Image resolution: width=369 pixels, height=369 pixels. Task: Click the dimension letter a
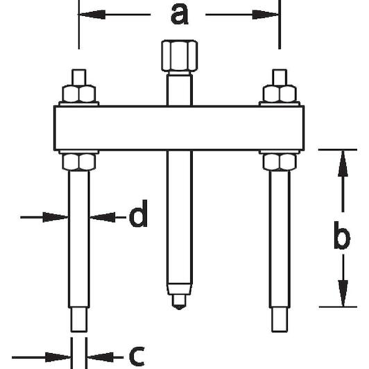(180, 15)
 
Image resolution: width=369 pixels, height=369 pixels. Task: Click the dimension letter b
(342, 235)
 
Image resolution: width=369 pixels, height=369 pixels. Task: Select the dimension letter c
(137, 357)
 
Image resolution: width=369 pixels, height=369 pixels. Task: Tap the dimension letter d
(139, 214)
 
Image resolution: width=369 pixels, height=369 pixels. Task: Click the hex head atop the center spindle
(180, 55)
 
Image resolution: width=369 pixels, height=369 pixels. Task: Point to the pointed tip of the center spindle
(179, 308)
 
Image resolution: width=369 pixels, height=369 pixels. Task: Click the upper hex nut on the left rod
(79, 94)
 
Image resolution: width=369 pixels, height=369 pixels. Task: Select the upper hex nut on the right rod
(280, 94)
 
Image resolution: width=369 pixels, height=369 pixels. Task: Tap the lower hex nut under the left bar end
(79, 162)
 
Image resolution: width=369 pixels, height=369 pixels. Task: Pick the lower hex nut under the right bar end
(280, 162)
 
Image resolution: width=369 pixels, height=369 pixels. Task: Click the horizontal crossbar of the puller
(179, 128)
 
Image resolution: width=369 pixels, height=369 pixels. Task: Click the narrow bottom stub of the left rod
(79, 320)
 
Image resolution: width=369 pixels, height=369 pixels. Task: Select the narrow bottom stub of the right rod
(280, 320)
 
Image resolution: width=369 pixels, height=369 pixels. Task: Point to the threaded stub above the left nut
(79, 77)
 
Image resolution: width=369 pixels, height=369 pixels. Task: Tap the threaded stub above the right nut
(280, 77)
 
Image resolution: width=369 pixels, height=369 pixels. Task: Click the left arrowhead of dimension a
(92, 15)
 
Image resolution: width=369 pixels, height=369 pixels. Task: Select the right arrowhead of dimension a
(266, 15)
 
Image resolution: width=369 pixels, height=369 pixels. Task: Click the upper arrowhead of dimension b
(343, 163)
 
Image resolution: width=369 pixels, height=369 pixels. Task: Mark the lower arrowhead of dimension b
(343, 293)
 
